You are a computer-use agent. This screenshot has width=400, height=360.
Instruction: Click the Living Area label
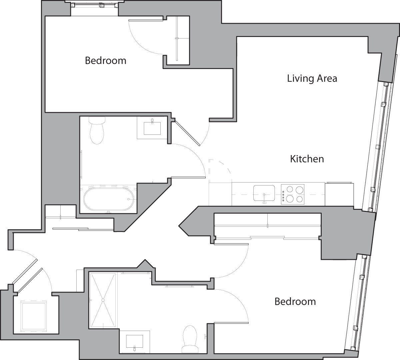pos(312,78)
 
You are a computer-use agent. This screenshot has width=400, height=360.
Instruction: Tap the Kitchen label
pos(307,159)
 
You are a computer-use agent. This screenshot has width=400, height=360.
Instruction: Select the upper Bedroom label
pos(105,60)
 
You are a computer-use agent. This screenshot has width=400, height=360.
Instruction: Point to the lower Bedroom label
pos(295,302)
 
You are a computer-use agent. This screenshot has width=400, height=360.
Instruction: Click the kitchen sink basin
pos(264,193)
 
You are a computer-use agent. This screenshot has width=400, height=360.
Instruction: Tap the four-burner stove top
pos(293,194)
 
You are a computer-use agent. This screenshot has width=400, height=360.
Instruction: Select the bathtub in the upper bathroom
pos(109,199)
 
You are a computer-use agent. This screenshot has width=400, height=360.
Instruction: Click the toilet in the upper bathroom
pos(97,130)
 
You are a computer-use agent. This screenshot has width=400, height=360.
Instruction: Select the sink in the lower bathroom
pos(134,341)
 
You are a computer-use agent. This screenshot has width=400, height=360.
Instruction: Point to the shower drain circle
pos(103,300)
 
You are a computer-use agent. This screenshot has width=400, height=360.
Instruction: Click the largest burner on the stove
pos(299,190)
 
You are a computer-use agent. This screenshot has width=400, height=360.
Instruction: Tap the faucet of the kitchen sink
pos(264,199)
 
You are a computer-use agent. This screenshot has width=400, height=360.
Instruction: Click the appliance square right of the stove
pos(339,194)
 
